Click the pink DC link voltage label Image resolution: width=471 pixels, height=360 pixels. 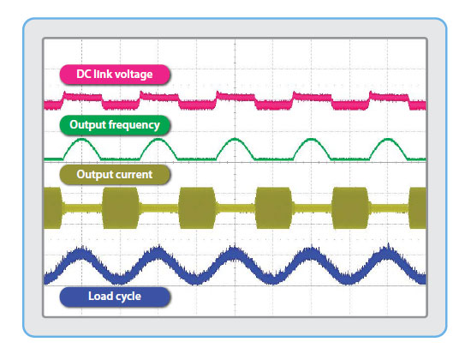(x=115, y=75)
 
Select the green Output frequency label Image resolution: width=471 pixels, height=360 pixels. (x=115, y=125)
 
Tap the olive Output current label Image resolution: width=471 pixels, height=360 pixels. (x=115, y=175)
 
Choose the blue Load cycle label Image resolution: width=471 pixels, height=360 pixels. (x=115, y=297)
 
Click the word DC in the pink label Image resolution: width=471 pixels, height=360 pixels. (x=83, y=74)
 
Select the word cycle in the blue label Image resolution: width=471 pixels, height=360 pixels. (x=128, y=297)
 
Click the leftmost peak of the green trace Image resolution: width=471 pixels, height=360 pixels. (x=81, y=139)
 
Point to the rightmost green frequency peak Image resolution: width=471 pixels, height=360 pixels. (x=389, y=139)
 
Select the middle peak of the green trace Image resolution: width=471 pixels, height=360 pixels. (x=235, y=139)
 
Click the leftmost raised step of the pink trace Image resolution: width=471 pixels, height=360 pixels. (x=82, y=97)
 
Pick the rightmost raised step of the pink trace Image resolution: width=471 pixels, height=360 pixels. (x=389, y=97)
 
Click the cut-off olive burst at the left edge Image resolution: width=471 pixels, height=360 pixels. (x=52, y=207)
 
